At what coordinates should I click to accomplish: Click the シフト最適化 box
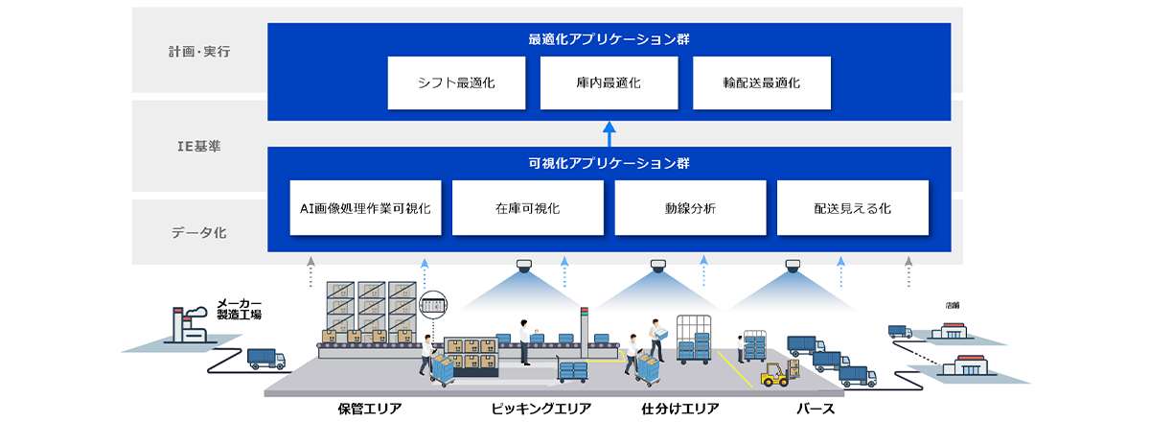tap(456, 82)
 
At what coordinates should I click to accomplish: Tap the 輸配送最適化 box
tap(762, 82)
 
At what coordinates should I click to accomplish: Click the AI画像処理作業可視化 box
tap(365, 207)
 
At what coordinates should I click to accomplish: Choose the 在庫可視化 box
tap(528, 207)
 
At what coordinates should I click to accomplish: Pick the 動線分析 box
tap(690, 207)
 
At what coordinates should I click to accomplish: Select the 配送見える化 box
tap(852, 207)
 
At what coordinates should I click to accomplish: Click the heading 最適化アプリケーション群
tap(609, 40)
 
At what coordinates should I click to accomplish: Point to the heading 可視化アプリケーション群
tap(609, 163)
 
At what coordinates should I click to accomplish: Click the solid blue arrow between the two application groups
tap(609, 133)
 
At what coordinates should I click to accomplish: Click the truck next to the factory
tap(265, 359)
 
